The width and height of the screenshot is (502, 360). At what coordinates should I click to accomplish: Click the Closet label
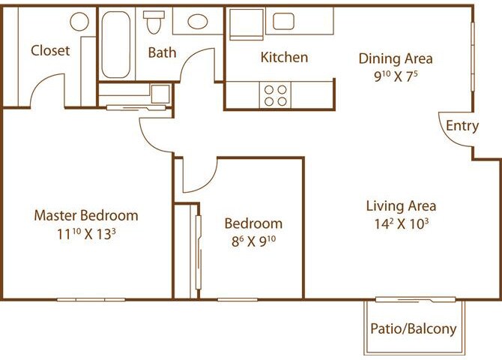[x=50, y=51]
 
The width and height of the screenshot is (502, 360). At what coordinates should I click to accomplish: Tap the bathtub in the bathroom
[x=116, y=44]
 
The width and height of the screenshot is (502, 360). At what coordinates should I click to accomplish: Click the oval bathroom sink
[x=198, y=21]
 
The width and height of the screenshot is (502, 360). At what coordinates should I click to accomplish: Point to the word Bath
[x=162, y=52]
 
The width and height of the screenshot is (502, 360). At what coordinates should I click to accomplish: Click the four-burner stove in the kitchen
[x=275, y=94]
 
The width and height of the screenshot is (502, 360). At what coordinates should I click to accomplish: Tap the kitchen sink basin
[x=282, y=21]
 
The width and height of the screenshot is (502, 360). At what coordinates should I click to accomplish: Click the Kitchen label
[x=284, y=58]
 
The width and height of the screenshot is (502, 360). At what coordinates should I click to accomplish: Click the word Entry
[x=462, y=126]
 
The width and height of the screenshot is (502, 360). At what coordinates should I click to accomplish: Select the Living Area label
[x=401, y=205]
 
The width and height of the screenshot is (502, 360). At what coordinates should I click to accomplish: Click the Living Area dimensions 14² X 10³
[x=401, y=223]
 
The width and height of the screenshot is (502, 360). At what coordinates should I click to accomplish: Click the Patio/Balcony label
[x=414, y=328]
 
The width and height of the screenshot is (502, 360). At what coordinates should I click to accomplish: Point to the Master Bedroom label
[x=86, y=216]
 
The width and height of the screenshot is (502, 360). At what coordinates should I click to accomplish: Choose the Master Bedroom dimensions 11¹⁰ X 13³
[x=86, y=233]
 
